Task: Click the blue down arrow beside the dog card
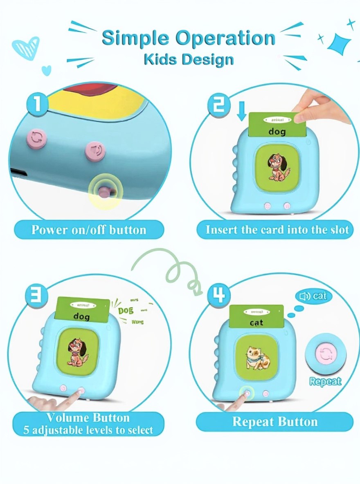click(x=241, y=111)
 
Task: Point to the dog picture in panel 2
click(x=277, y=167)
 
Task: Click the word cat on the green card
click(x=256, y=323)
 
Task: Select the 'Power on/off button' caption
click(x=89, y=229)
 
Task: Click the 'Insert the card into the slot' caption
click(x=277, y=229)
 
